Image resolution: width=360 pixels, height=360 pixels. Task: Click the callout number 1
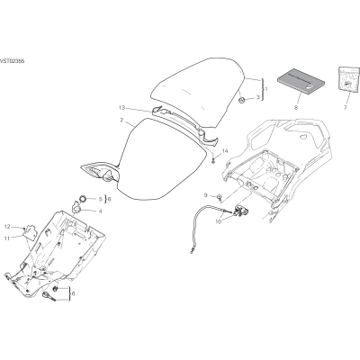(266, 89)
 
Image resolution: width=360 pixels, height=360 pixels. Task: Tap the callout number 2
(121, 121)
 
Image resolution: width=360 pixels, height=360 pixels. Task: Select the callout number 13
(121, 107)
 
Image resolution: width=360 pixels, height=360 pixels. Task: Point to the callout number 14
(225, 152)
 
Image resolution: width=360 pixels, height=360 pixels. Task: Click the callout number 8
(296, 107)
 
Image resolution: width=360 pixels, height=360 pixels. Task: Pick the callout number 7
(345, 107)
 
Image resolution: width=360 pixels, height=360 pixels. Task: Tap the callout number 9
(206, 195)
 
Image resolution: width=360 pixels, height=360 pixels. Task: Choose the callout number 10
(218, 221)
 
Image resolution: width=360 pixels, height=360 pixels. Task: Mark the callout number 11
(7, 238)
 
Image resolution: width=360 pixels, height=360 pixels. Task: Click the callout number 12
(7, 226)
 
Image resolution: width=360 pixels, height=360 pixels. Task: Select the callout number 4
(100, 211)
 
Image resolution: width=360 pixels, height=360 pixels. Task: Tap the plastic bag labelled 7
(348, 78)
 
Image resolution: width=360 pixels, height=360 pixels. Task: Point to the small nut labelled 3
(241, 100)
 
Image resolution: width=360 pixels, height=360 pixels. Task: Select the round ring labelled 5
(83, 198)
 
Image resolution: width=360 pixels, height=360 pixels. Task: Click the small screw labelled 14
(213, 161)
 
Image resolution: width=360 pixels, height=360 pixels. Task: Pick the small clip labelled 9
(220, 197)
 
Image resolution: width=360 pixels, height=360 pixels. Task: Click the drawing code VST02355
(12, 61)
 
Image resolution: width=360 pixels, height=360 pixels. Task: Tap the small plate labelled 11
(31, 232)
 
